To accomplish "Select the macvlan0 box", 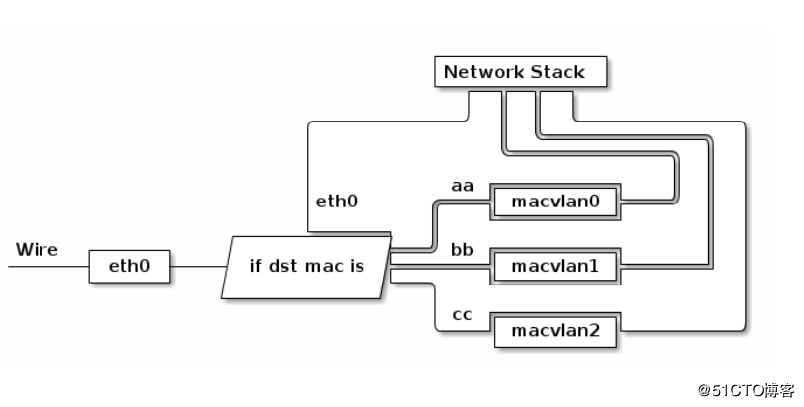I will point(555,202).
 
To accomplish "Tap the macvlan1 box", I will point(555,266).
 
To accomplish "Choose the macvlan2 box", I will point(555,330).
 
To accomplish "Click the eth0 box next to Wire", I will point(128,266).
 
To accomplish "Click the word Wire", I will point(37,249).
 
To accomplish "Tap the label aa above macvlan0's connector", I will point(462,185).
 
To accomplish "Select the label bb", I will point(462,249).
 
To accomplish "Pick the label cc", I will point(462,314).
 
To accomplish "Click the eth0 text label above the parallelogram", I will point(336,202).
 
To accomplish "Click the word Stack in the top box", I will point(558,72).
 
